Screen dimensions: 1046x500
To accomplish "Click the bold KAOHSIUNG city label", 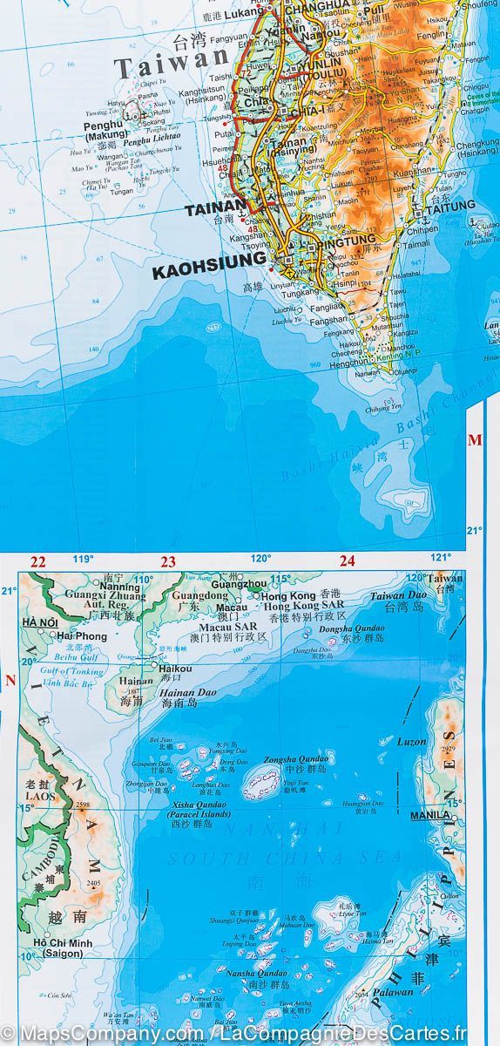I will point(208,260).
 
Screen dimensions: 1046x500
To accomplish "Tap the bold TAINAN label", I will point(213,209).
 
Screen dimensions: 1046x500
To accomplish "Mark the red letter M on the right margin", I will point(475,440).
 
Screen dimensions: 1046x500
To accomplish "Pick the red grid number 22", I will point(37,562).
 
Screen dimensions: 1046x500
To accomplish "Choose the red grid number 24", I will point(348,562).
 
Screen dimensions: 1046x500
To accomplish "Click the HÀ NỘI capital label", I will point(40,622).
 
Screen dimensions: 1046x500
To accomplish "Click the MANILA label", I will point(429,816).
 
